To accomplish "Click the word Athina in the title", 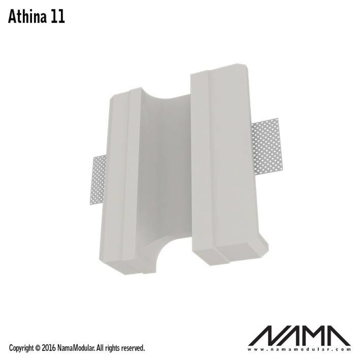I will tap(28, 17).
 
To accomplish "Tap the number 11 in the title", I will tap(58, 17).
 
